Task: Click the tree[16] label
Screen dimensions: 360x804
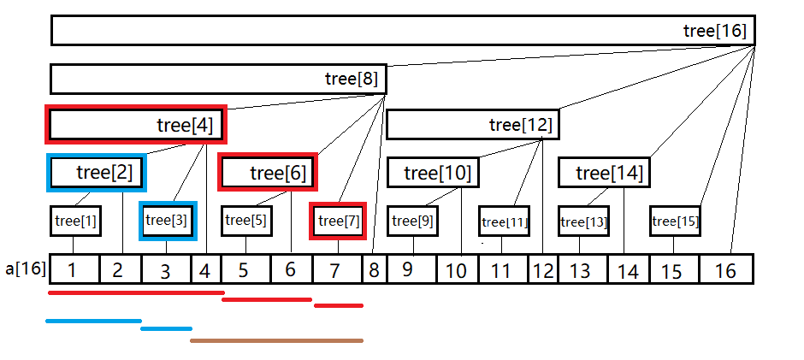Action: pyautogui.click(x=715, y=31)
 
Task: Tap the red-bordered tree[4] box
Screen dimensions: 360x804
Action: pyautogui.click(x=138, y=126)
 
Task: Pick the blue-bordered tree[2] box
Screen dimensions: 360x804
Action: pyautogui.click(x=97, y=173)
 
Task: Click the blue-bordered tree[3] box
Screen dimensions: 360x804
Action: pyautogui.click(x=168, y=221)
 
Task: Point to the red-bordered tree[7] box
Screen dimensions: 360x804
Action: pyautogui.click(x=338, y=221)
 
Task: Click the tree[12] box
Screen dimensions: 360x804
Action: pyautogui.click(x=471, y=125)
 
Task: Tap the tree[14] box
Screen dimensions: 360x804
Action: pyautogui.click(x=602, y=174)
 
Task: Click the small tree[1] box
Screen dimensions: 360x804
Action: pyautogui.click(x=75, y=221)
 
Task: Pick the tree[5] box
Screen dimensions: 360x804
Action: pyautogui.click(x=246, y=221)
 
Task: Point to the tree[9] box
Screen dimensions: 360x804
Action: pyautogui.click(x=413, y=221)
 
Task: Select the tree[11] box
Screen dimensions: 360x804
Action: pyautogui.click(x=505, y=222)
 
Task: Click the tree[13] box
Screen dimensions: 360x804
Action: pyautogui.click(x=584, y=222)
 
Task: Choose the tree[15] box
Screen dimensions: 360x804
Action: pyautogui.click(x=675, y=222)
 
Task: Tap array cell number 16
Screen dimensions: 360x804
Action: pyautogui.click(x=725, y=271)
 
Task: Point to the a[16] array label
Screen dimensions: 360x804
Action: pyautogui.click(x=23, y=270)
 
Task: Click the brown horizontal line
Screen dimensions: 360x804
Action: pyautogui.click(x=276, y=340)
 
